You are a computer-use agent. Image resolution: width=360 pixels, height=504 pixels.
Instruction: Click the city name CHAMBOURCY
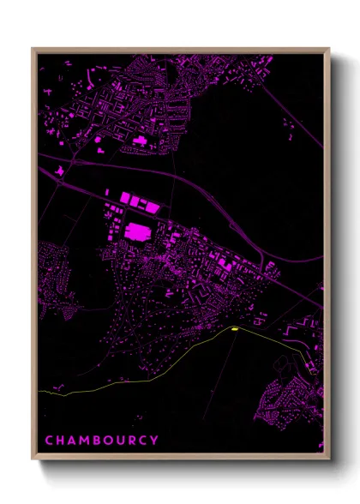click(x=101, y=441)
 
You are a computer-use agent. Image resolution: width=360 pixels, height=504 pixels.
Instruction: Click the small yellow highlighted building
click(x=232, y=327)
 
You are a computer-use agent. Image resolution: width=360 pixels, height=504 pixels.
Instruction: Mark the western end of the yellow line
click(x=40, y=391)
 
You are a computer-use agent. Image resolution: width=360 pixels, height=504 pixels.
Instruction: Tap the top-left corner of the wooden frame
click(x=33, y=49)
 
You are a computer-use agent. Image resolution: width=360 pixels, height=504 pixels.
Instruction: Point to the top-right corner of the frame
click(x=329, y=49)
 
